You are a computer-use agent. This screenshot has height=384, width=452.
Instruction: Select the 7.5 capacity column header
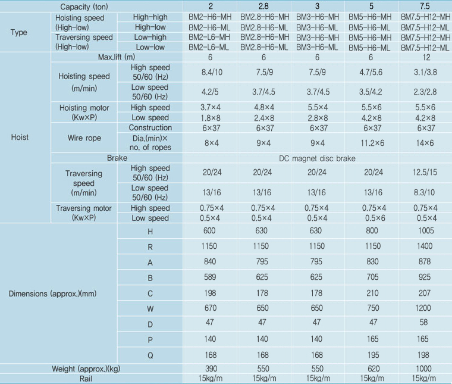[x=425, y=6]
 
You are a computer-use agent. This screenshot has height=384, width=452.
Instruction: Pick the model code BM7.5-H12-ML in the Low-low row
[x=425, y=47]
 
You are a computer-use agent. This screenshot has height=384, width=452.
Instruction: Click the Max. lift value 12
[x=425, y=58]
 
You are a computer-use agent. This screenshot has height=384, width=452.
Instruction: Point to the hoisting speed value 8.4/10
[x=209, y=73]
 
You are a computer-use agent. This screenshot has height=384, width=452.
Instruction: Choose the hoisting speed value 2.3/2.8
[x=425, y=92]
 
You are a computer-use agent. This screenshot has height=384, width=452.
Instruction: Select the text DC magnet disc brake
[x=317, y=160]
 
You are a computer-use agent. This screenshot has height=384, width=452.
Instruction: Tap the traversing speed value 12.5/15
[x=425, y=173]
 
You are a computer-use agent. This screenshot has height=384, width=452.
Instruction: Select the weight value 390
[x=209, y=369]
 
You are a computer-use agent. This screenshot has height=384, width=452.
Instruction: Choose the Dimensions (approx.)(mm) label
[x=54, y=293]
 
